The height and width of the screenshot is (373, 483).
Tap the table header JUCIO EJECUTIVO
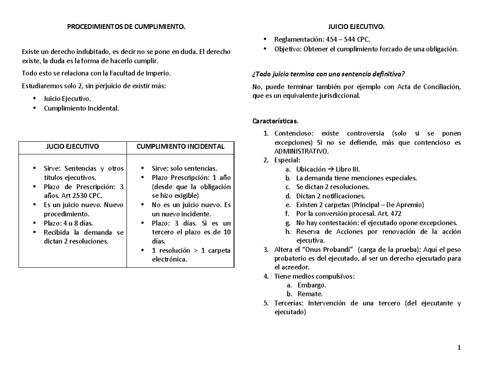click(72, 146)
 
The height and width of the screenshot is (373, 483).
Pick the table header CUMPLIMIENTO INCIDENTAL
click(181, 146)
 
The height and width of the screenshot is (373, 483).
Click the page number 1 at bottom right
click(458, 348)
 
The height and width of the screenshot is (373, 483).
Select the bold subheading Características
click(275, 121)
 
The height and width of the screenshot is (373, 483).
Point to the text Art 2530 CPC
click(83, 196)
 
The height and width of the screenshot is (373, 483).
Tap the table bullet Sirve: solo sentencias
click(184, 169)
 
